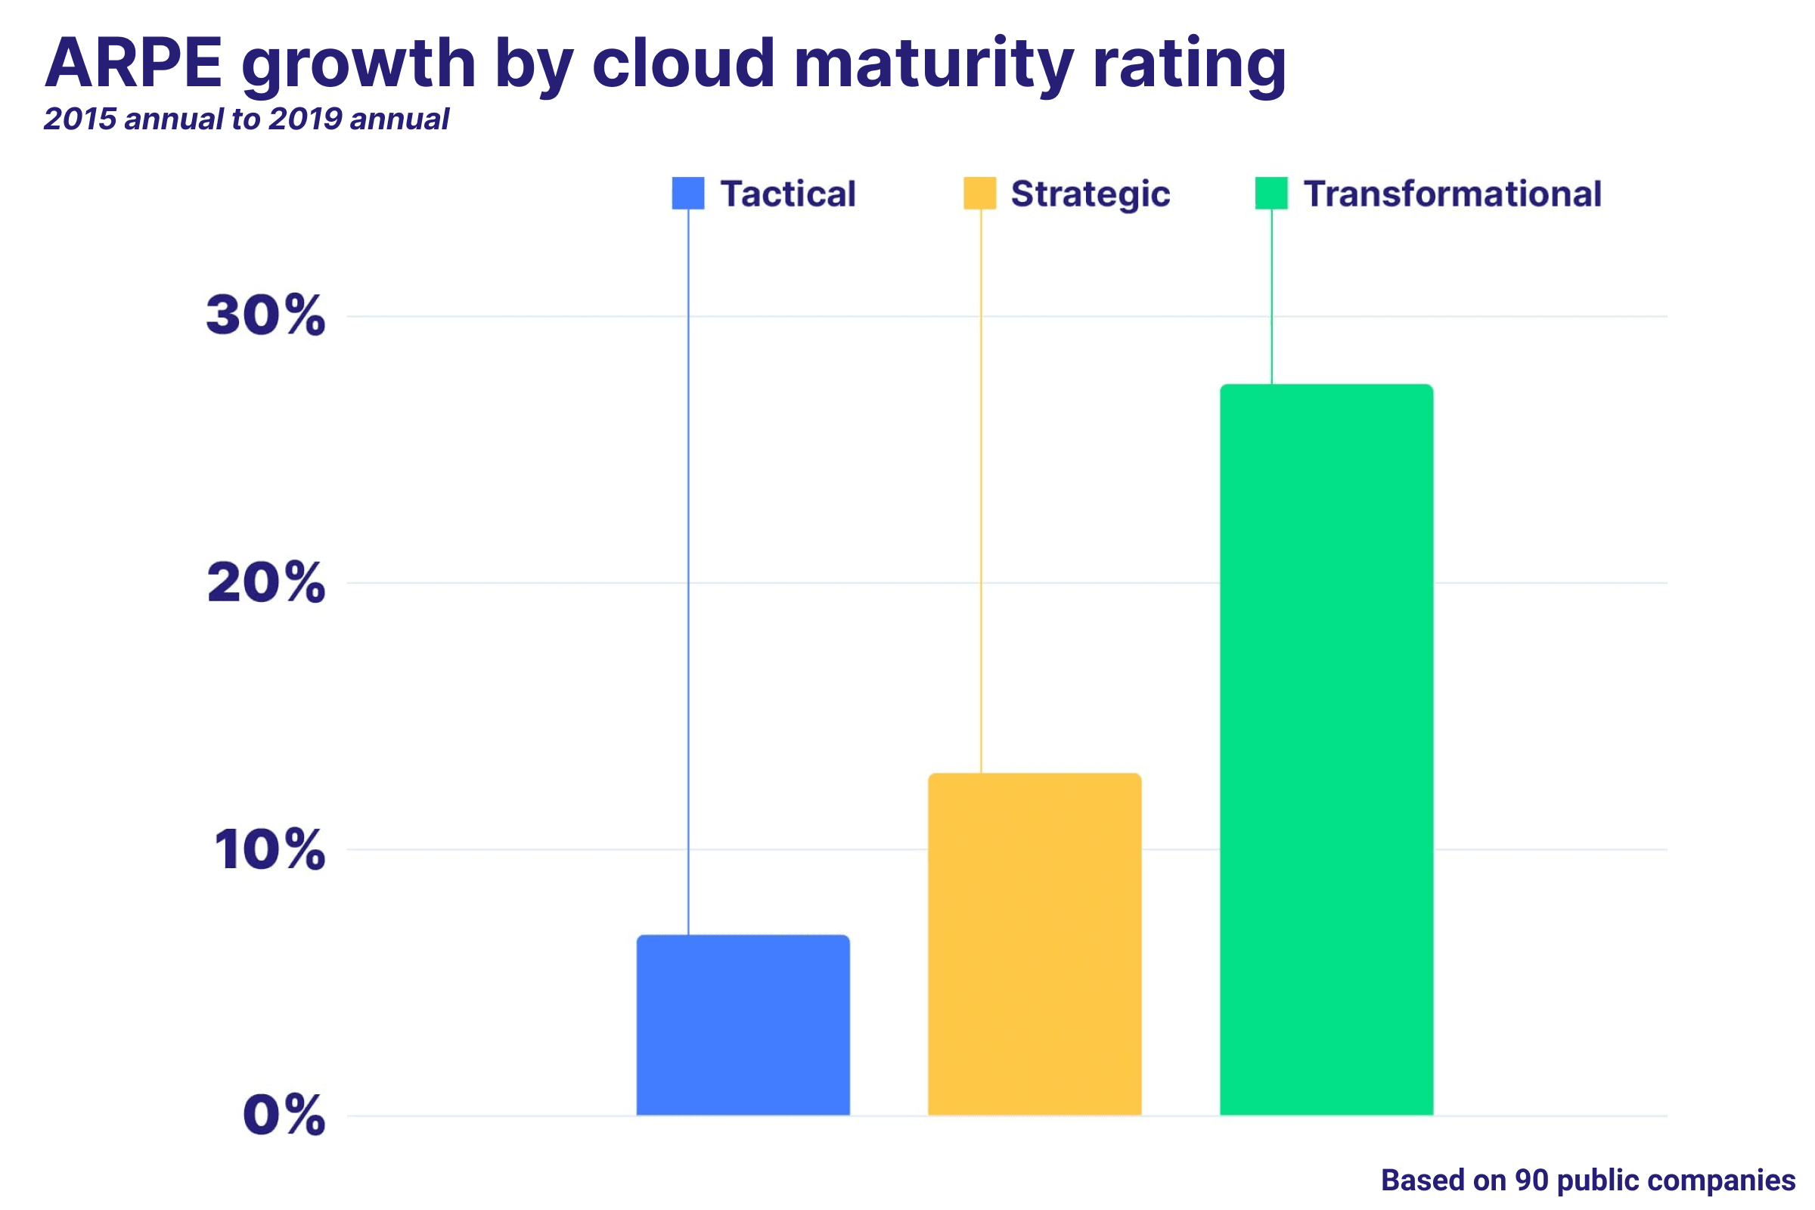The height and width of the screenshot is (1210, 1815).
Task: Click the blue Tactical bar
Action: click(743, 1025)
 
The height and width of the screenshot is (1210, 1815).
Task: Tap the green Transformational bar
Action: click(1326, 750)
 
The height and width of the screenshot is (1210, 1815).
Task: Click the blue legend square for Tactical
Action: click(688, 193)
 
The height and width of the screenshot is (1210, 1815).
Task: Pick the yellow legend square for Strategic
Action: click(980, 193)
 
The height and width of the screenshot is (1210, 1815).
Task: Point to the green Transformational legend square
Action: click(1272, 193)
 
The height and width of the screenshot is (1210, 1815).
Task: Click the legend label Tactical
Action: click(788, 194)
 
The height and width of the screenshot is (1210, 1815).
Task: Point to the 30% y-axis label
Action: click(265, 315)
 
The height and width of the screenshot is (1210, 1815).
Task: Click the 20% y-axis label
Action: click(265, 582)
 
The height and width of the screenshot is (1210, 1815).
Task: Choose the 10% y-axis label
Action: click(269, 849)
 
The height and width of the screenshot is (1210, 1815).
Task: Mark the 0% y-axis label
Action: click(284, 1116)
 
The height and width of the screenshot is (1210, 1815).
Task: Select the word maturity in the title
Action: click(933, 67)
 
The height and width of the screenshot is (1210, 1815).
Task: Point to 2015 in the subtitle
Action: click(80, 119)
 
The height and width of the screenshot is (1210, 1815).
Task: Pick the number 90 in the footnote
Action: click(1532, 1180)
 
